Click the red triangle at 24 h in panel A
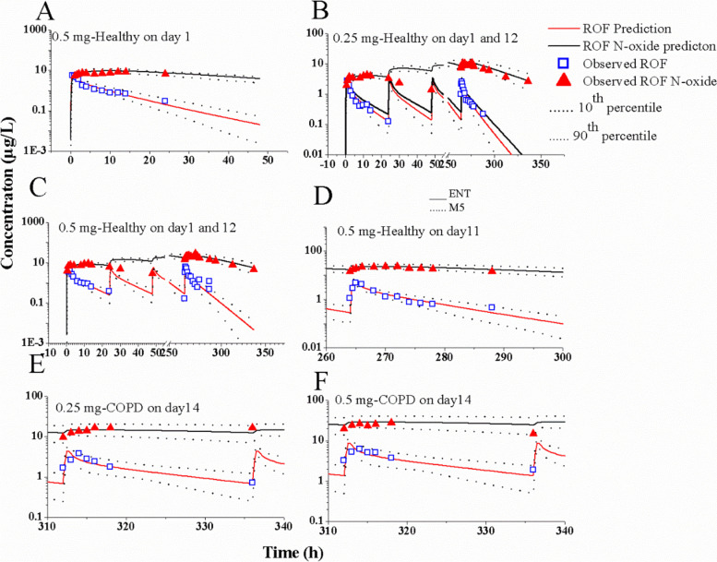(165, 73)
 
